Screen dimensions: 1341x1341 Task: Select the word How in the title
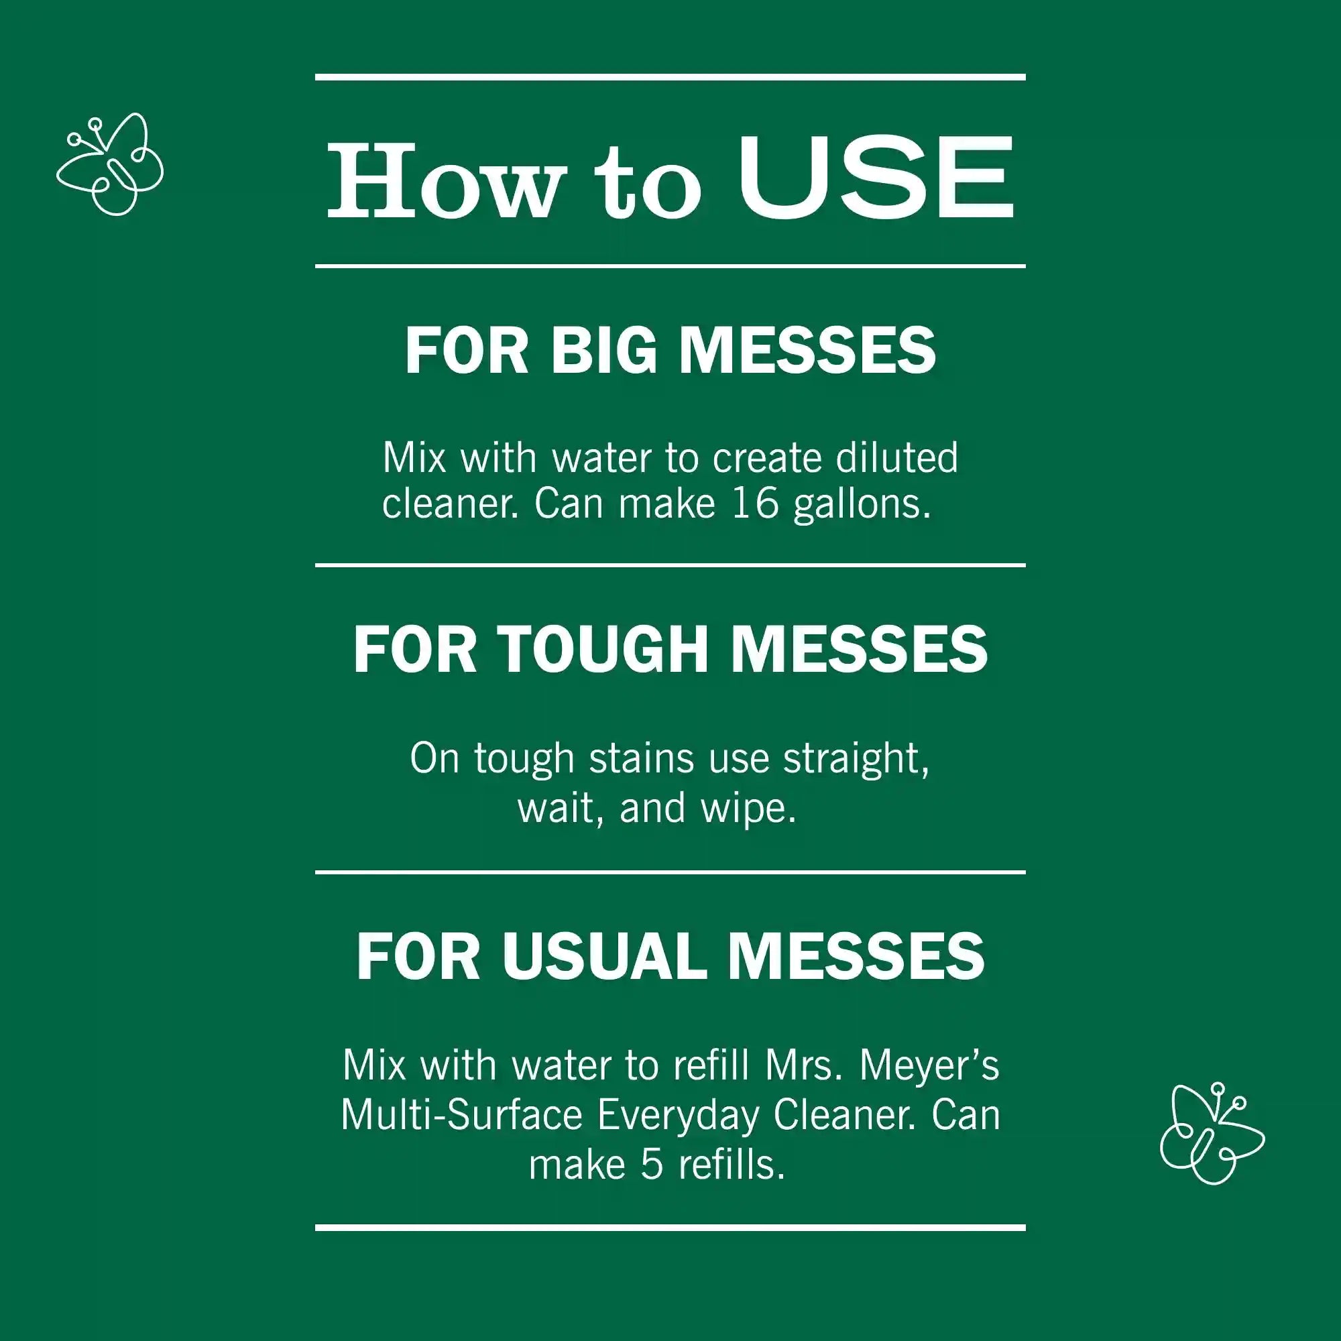click(x=443, y=180)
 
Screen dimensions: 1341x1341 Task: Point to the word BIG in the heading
click(x=604, y=351)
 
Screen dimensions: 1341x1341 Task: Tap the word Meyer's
click(x=929, y=1067)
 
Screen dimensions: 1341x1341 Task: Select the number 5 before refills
click(x=652, y=1166)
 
